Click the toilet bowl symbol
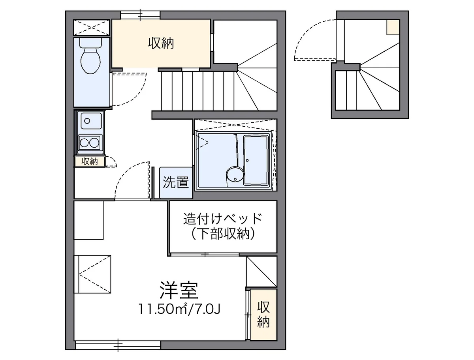pyautogui.click(x=90, y=62)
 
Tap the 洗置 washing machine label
pyautogui.click(x=176, y=182)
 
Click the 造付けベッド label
pyautogui.click(x=222, y=218)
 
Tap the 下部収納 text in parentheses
pyautogui.click(x=222, y=234)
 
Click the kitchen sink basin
pyautogui.click(x=90, y=120)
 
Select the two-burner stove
pyautogui.click(x=90, y=142)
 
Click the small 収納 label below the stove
pyautogui.click(x=90, y=161)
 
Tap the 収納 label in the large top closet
pyautogui.click(x=161, y=43)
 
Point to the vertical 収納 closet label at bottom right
pyautogui.click(x=263, y=314)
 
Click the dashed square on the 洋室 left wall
pyautogui.click(x=93, y=274)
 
